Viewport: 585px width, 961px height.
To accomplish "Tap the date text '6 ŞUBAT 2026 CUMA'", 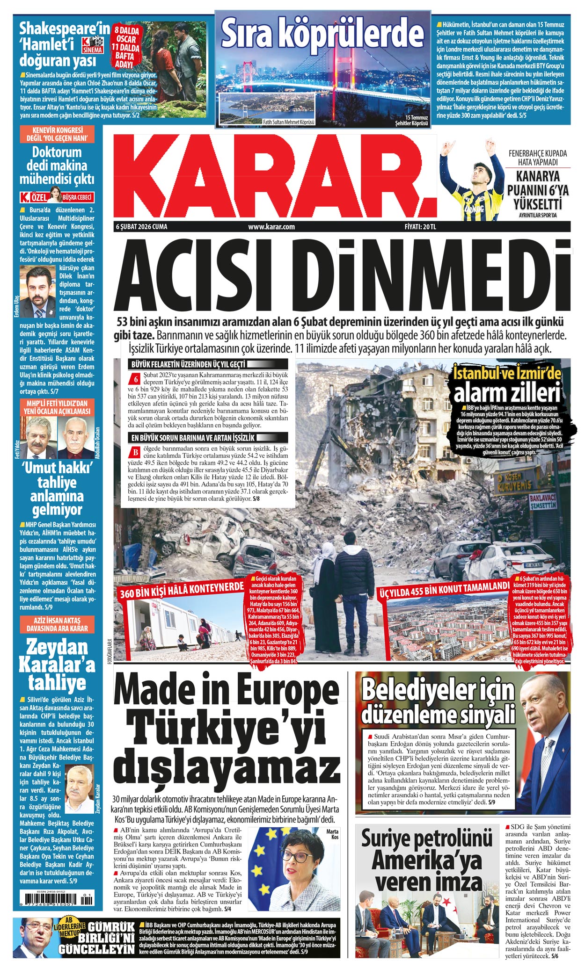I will point(142,227).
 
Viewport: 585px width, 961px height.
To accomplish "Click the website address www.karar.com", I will point(271,227).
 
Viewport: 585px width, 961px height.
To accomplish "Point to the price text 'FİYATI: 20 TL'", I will point(420,227).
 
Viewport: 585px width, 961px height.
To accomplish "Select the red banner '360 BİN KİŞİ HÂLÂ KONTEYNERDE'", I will point(182,592).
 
